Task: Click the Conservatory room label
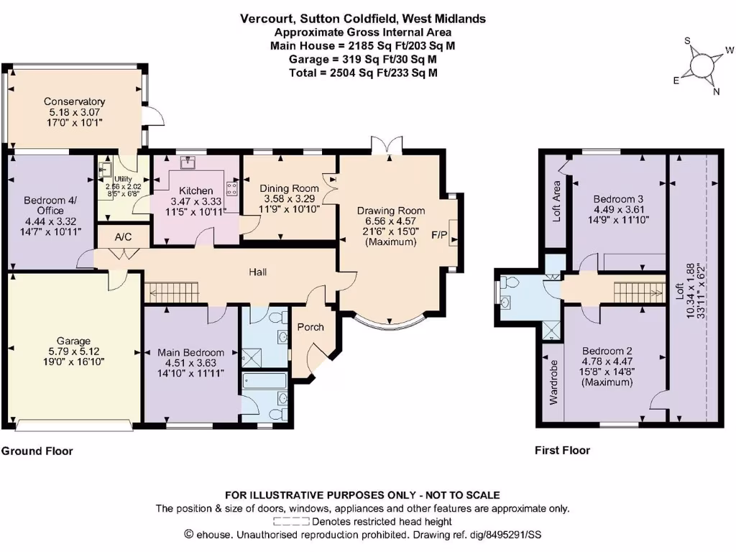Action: [74, 101]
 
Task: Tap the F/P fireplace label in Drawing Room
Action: [438, 235]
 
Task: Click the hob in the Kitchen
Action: [231, 189]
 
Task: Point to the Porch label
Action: [310, 326]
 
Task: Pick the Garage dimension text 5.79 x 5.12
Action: [74, 353]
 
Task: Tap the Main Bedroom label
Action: [190, 353]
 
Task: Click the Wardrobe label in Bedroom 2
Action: [554, 387]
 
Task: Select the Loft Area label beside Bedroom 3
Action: [556, 201]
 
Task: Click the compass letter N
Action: [716, 91]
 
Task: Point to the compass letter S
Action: [687, 41]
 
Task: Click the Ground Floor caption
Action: [37, 451]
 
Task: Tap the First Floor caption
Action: [562, 451]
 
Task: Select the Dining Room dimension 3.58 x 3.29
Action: [290, 198]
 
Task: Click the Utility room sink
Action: [103, 170]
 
